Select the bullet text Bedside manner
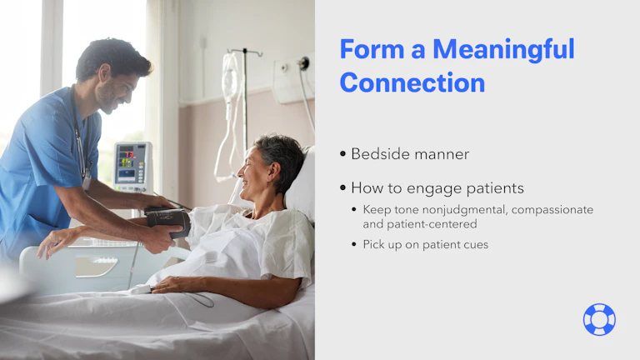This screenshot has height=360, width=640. tap(410, 154)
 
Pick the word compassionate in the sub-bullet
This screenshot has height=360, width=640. tap(552, 209)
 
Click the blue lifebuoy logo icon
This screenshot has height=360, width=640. tap(599, 319)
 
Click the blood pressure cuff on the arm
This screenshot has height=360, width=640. tap(169, 222)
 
